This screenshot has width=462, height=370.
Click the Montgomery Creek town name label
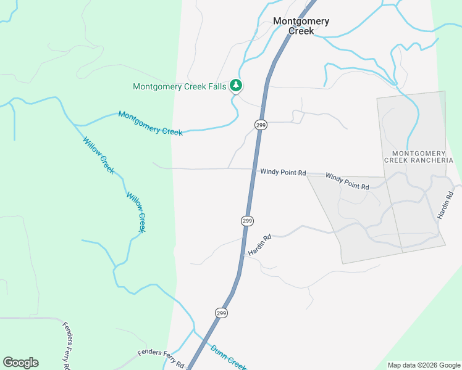tap(301, 26)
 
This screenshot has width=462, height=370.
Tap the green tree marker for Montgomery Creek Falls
tap(235, 85)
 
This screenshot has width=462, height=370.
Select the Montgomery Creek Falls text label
tap(180, 87)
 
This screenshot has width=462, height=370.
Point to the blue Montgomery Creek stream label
tap(150, 123)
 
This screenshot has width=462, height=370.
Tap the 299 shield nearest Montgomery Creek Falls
tap(261, 125)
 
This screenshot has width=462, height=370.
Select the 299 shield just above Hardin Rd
tap(247, 221)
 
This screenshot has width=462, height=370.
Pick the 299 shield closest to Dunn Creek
tap(222, 313)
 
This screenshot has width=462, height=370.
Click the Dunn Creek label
tap(229, 356)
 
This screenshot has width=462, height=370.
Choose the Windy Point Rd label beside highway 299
tap(283, 173)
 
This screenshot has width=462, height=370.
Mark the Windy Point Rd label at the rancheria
tap(347, 181)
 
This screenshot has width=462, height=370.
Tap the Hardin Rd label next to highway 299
tap(259, 245)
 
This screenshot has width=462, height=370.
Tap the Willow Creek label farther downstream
tap(136, 212)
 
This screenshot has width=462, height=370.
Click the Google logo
tap(20, 363)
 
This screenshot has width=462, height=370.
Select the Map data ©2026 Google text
tap(424, 365)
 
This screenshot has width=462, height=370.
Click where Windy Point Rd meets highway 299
tap(254, 169)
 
